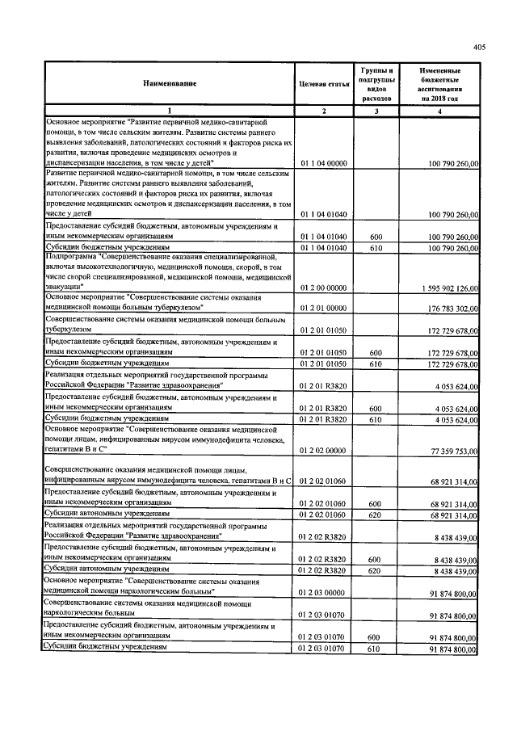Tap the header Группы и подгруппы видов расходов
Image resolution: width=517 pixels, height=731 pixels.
coord(376,83)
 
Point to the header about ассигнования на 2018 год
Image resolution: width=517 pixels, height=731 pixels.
coord(439,83)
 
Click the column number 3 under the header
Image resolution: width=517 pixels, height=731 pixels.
coord(376,110)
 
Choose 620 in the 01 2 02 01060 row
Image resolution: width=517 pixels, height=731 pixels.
coord(375,515)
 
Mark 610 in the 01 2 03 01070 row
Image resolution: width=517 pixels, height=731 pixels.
coord(375,649)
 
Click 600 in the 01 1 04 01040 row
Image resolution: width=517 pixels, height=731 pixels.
coord(375,236)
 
